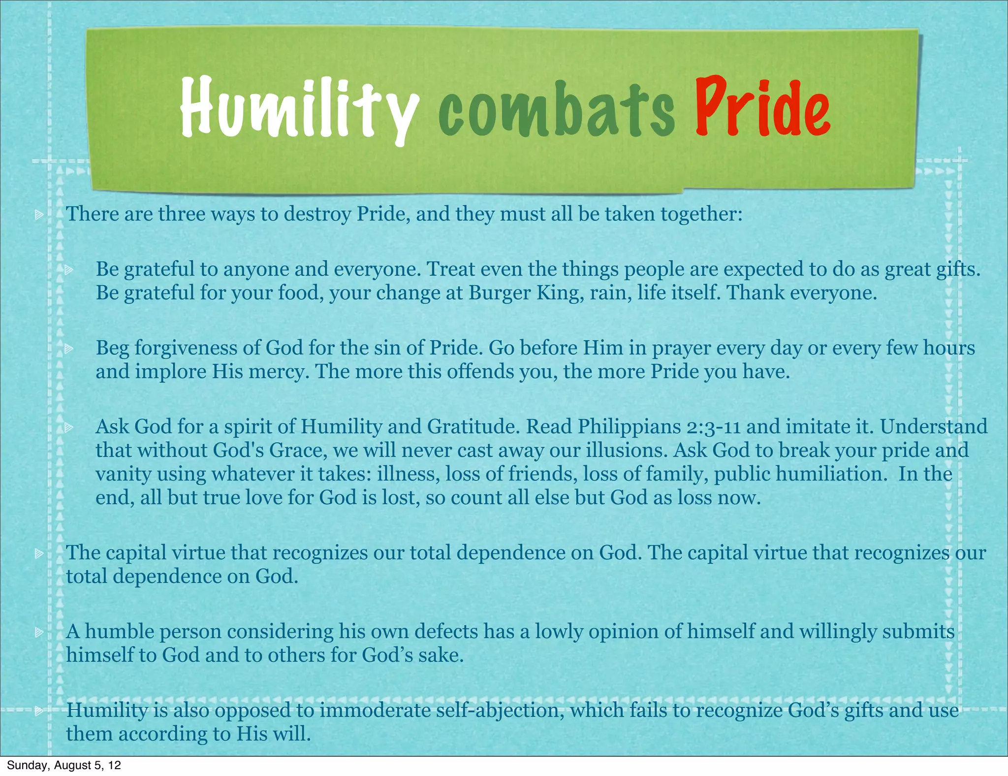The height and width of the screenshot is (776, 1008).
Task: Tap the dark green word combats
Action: point(557,111)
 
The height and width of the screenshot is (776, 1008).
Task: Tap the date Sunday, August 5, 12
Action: point(63,765)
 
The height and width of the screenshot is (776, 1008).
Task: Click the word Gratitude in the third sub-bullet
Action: point(473,426)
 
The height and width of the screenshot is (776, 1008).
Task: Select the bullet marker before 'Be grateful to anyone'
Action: point(68,269)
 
